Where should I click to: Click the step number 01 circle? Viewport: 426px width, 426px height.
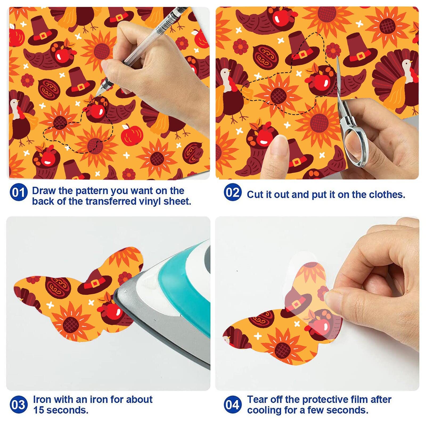pyautogui.click(x=19, y=192)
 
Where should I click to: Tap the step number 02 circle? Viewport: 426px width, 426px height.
pyautogui.click(x=233, y=192)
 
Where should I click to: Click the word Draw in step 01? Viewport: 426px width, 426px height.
pyautogui.click(x=44, y=191)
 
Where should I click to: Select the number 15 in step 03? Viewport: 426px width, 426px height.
pyautogui.click(x=39, y=410)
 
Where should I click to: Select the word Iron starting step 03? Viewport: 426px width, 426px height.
pyautogui.click(x=42, y=400)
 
